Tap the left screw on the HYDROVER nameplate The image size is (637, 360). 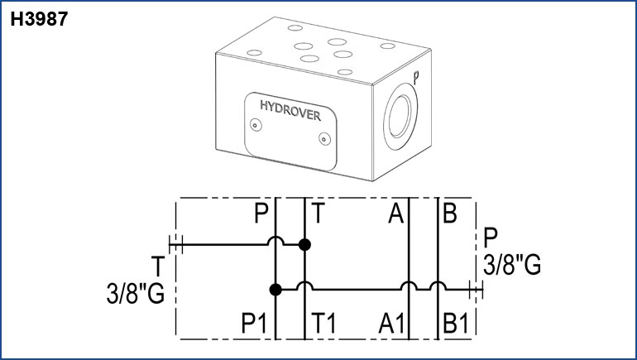click(x=256, y=125)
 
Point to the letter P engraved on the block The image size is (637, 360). click(x=415, y=77)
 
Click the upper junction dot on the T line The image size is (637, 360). click(x=305, y=244)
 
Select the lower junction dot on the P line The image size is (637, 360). click(x=275, y=290)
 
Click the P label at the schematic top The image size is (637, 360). click(x=262, y=216)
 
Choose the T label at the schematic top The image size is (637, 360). click(x=318, y=216)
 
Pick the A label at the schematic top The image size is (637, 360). click(x=396, y=216)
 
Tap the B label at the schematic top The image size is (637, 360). click(x=450, y=215)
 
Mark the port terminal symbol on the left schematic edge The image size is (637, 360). click(x=175, y=244)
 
